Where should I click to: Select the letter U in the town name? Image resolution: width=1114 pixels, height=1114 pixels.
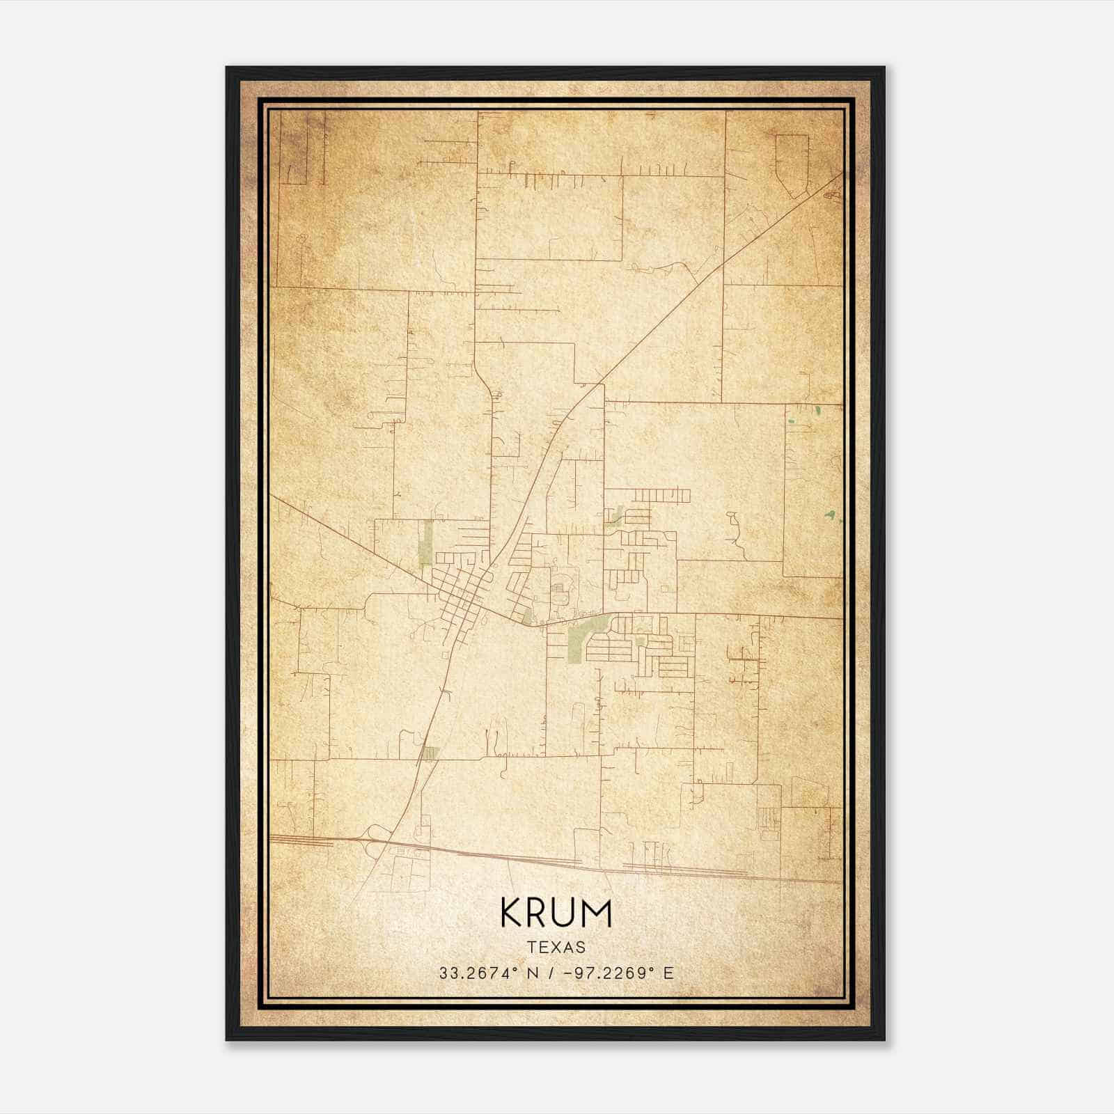[565, 913]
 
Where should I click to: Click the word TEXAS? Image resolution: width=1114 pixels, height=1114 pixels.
[556, 947]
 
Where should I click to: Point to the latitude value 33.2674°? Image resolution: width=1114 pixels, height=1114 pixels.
[479, 973]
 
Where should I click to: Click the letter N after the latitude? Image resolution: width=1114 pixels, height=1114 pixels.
[533, 973]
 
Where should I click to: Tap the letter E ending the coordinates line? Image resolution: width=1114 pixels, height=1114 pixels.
[669, 973]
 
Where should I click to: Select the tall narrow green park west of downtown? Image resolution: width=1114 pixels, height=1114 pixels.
[426, 544]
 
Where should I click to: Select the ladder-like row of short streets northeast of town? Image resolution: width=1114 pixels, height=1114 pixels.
[661, 496]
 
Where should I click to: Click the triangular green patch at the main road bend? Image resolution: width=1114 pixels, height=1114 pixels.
[527, 615]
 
